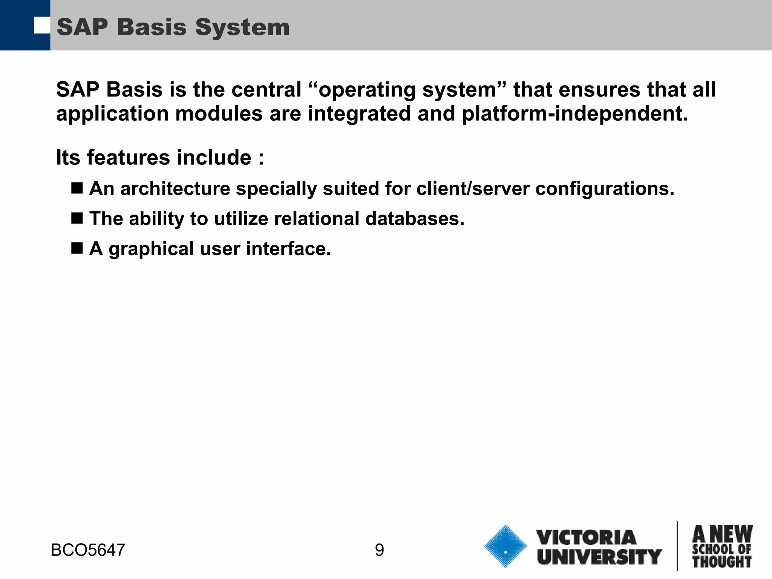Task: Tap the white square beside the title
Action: pyautogui.click(x=41, y=25)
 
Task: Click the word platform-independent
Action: pyautogui.click(x=575, y=113)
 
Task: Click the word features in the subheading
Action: pyautogui.click(x=129, y=157)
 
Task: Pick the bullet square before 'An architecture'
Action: pyautogui.click(x=77, y=188)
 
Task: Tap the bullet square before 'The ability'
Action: pyautogui.click(x=77, y=218)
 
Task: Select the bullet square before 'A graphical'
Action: pyautogui.click(x=77, y=248)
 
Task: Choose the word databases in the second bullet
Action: pyautogui.click(x=415, y=219)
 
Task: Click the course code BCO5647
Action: pyautogui.click(x=88, y=550)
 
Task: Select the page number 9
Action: pyautogui.click(x=380, y=550)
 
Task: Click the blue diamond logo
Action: pyautogui.click(x=505, y=546)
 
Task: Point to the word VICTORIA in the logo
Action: pyautogui.click(x=586, y=537)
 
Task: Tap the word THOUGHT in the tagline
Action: pyautogui.click(x=722, y=562)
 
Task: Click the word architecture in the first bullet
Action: pyautogui.click(x=175, y=188)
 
